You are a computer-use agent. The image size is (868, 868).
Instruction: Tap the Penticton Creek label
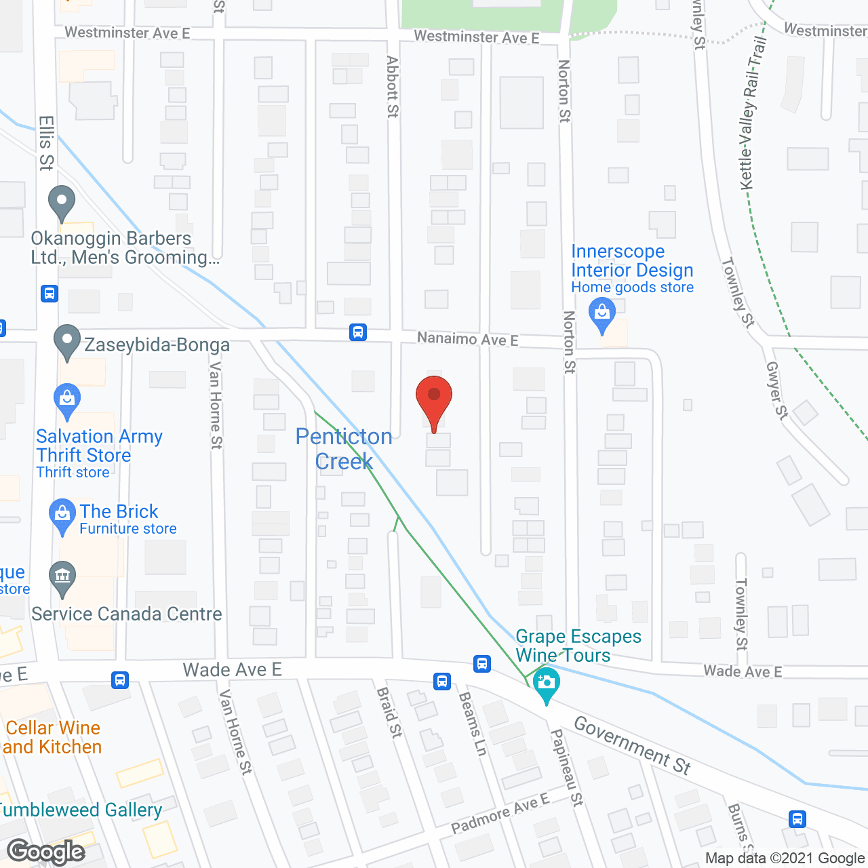(344, 449)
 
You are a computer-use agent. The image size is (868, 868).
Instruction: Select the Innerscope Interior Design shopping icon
(601, 314)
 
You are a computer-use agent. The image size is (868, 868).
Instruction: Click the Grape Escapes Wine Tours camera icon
(547, 682)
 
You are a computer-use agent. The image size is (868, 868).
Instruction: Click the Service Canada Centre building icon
(62, 577)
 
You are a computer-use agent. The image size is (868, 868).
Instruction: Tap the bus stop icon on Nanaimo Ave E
(358, 332)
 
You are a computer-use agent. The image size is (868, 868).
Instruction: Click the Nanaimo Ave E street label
(467, 338)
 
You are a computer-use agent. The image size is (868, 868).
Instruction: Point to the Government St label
(632, 745)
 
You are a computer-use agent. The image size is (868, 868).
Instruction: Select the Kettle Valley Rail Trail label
(753, 113)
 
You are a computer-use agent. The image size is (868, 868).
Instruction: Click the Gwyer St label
(777, 391)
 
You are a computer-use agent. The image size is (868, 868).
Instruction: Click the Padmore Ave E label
(500, 813)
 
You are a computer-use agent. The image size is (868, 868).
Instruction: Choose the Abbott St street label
(393, 87)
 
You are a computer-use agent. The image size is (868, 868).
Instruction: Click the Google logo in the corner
(46, 852)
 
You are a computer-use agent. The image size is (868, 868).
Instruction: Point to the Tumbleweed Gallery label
(80, 810)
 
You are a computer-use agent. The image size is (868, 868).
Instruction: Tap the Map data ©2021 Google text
(785, 859)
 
